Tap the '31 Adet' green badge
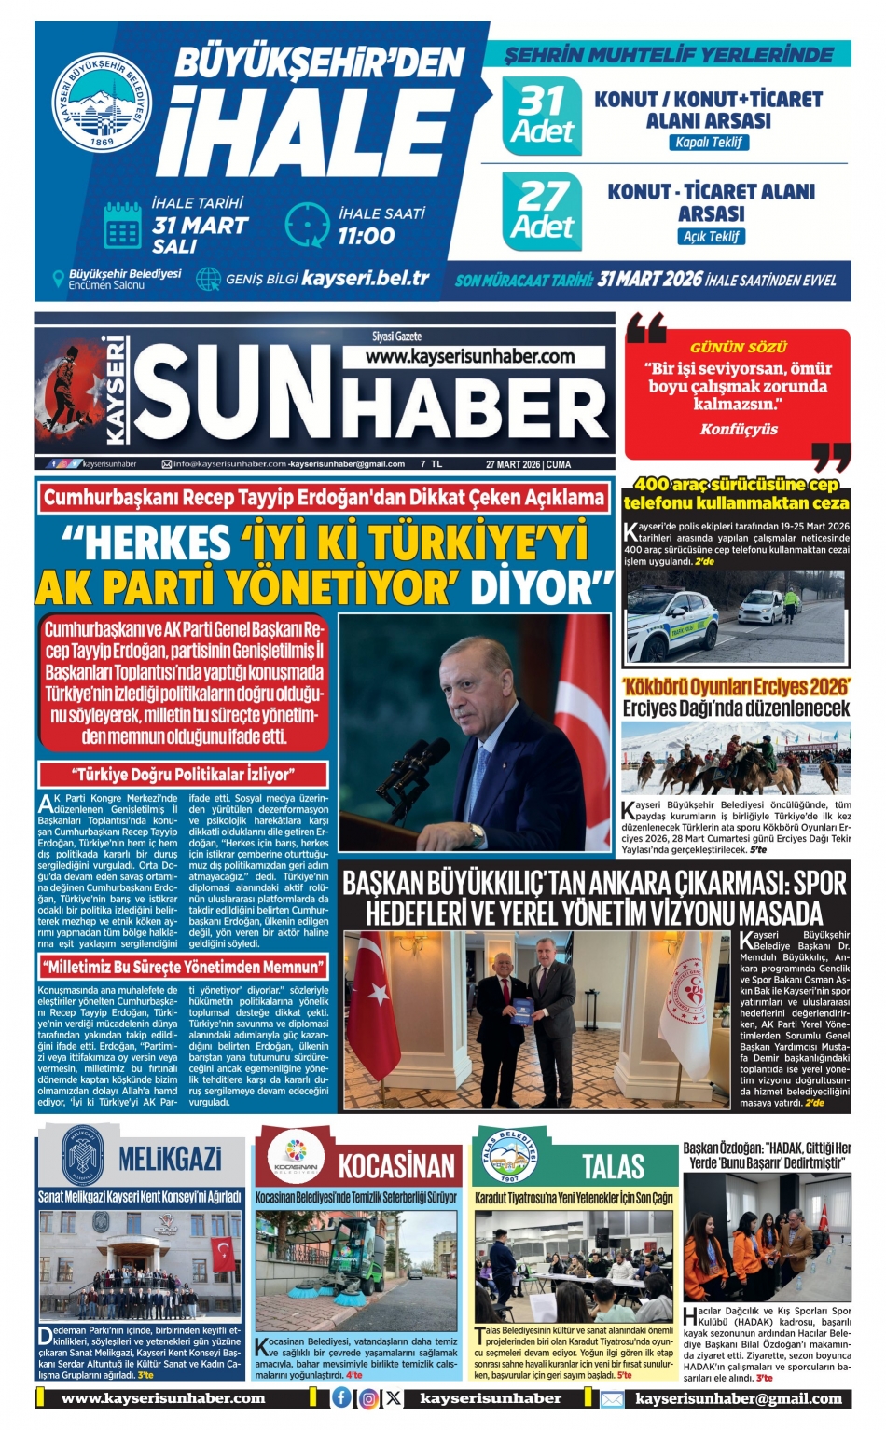click(x=542, y=116)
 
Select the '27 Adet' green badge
click(x=542, y=212)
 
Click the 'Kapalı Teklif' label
click(x=709, y=143)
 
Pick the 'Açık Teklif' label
click(x=711, y=236)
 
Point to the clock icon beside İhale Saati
click(x=307, y=225)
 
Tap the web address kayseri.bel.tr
click(x=366, y=277)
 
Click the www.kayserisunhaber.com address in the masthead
click(x=470, y=356)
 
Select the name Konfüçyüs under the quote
click(x=739, y=429)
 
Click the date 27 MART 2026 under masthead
click(x=512, y=463)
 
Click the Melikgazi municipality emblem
click(x=80, y=1155)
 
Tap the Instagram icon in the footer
click(x=368, y=1398)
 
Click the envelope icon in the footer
click(x=612, y=1398)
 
